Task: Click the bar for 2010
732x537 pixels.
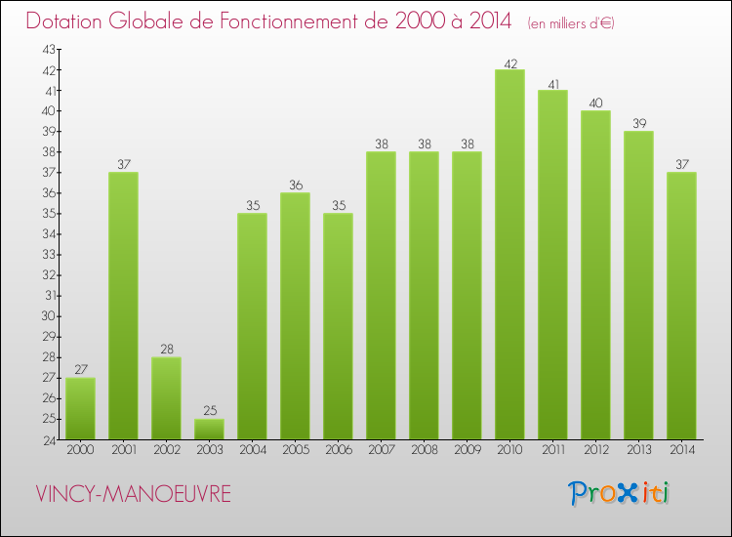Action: pyautogui.click(x=509, y=255)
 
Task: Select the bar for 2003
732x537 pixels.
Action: pyautogui.click(x=209, y=430)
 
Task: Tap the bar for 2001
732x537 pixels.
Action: pyautogui.click(x=123, y=306)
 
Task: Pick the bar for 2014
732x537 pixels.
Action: pyautogui.click(x=681, y=306)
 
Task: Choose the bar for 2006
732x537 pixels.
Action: pyautogui.click(x=338, y=326)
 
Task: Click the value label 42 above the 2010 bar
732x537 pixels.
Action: pyautogui.click(x=509, y=63)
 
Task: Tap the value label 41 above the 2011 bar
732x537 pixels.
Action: pyautogui.click(x=552, y=84)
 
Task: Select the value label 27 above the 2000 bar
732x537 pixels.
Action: pyautogui.click(x=80, y=371)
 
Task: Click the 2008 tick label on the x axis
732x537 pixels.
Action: pyautogui.click(x=424, y=451)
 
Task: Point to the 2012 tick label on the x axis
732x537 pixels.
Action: pyautogui.click(x=595, y=451)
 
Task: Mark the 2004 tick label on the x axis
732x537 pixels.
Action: pyautogui.click(x=252, y=451)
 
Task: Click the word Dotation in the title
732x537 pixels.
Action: pyautogui.click(x=66, y=21)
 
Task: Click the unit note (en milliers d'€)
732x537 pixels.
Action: pyautogui.click(x=570, y=22)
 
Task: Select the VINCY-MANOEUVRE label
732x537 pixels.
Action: pyautogui.click(x=133, y=494)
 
